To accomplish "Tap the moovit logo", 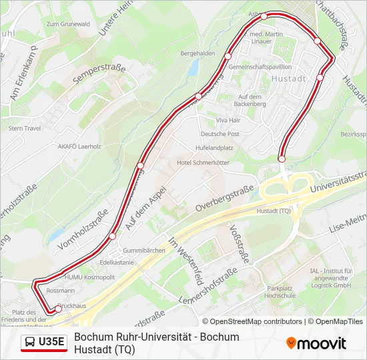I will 316,343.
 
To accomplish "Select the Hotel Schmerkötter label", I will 203,163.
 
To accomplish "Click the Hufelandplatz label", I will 214,147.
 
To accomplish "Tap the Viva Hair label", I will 228,120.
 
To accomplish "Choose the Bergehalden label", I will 198,53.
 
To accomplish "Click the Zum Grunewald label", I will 68,24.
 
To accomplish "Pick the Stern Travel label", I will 25,128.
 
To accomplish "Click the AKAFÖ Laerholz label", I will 79,145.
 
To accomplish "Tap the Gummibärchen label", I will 143,250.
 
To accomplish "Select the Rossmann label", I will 61,291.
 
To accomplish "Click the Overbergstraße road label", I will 225,199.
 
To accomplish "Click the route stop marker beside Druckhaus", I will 58,308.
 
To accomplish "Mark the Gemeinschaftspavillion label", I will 260,67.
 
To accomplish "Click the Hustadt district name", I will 289,79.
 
